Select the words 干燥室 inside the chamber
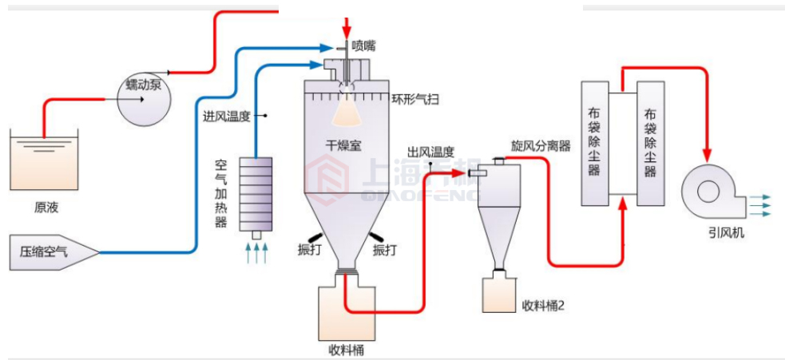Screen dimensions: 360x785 (343, 145)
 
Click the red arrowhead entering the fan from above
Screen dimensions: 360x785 (707, 152)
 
